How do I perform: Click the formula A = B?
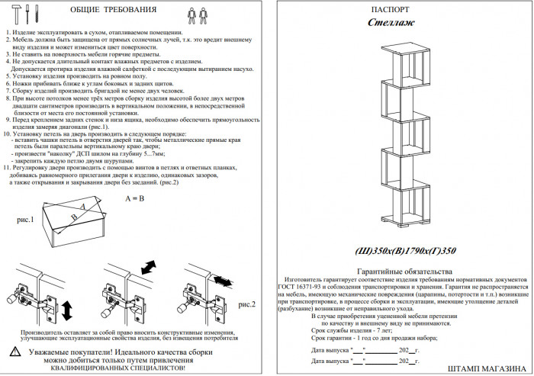(x=134, y=198)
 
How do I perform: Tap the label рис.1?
(x=25, y=220)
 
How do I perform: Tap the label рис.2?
(x=247, y=304)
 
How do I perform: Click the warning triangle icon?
(x=16, y=352)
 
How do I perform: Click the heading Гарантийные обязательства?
(x=404, y=272)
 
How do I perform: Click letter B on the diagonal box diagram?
(x=74, y=217)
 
